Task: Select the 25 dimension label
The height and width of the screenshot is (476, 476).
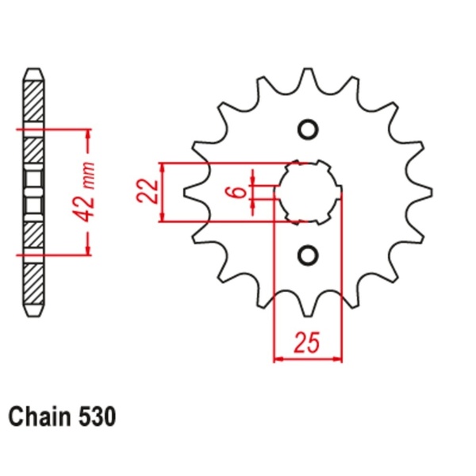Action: coord(307,343)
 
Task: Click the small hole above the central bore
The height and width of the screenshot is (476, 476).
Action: coord(308,130)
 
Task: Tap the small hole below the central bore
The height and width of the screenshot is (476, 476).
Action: coord(308,254)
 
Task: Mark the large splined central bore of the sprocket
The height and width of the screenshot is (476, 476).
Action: coord(308,192)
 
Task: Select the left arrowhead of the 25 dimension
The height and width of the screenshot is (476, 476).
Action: coord(278,359)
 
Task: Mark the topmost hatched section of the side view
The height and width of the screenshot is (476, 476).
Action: coord(34,102)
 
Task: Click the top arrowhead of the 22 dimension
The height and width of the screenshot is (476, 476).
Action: coord(163,168)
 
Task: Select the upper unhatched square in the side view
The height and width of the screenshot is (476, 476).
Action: coord(34,176)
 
